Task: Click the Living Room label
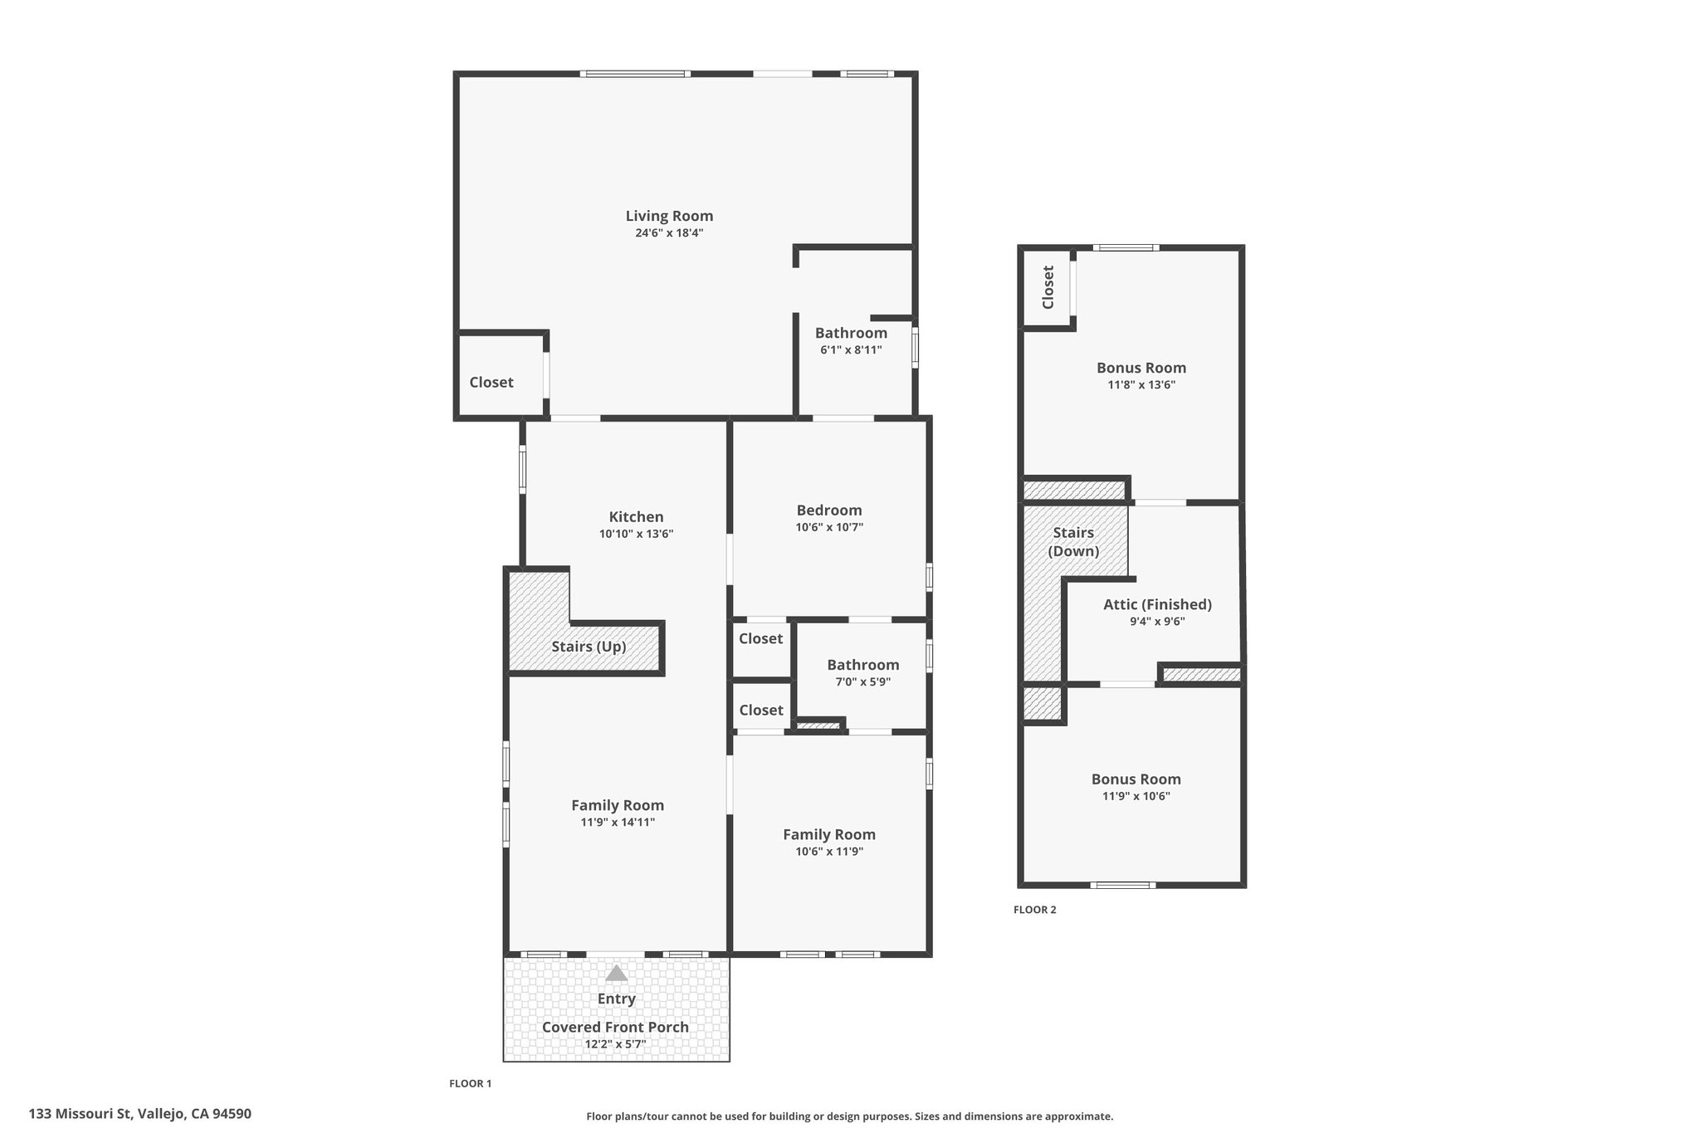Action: tap(669, 216)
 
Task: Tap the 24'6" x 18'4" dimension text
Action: tap(669, 233)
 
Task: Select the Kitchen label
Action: tap(636, 517)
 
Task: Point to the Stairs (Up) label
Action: tap(589, 647)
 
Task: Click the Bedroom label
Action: tap(829, 510)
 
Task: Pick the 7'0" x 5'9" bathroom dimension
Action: tap(862, 681)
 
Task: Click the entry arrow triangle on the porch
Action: tap(616, 973)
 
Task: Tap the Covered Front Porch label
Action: tap(615, 1027)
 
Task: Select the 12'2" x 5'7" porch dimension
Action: tap(615, 1044)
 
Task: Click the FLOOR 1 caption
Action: tap(471, 1083)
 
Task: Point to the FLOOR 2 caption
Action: tap(1035, 910)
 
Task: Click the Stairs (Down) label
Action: tap(1073, 542)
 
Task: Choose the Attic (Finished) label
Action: tap(1157, 604)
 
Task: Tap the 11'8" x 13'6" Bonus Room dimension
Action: tap(1141, 385)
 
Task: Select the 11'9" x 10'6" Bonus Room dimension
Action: tap(1136, 796)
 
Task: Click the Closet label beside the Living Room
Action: tap(491, 383)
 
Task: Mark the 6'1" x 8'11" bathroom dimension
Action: tap(851, 350)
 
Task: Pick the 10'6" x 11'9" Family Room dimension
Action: tap(829, 852)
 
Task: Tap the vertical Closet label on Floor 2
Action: tap(1048, 287)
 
